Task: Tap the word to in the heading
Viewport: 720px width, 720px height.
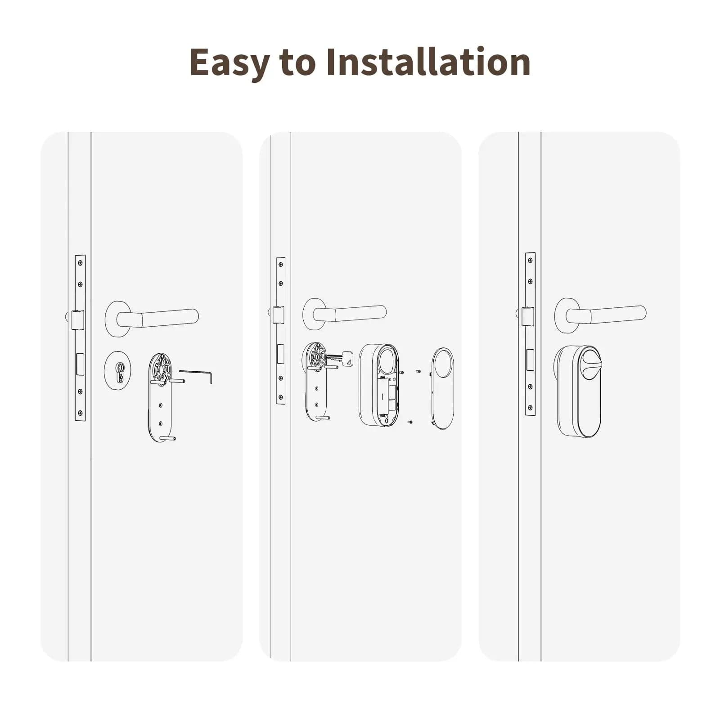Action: (297, 63)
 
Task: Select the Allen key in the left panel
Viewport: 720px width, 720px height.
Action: (196, 376)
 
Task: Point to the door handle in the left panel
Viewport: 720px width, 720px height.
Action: (152, 318)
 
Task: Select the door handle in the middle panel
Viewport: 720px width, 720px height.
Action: (345, 313)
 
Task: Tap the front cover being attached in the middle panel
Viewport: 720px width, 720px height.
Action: (443, 389)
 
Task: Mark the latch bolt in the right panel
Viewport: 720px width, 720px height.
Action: (527, 316)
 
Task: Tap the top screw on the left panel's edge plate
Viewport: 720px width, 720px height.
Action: (81, 263)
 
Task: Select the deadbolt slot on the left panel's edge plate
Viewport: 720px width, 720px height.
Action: (81, 364)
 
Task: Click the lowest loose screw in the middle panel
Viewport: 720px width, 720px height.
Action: (410, 422)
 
